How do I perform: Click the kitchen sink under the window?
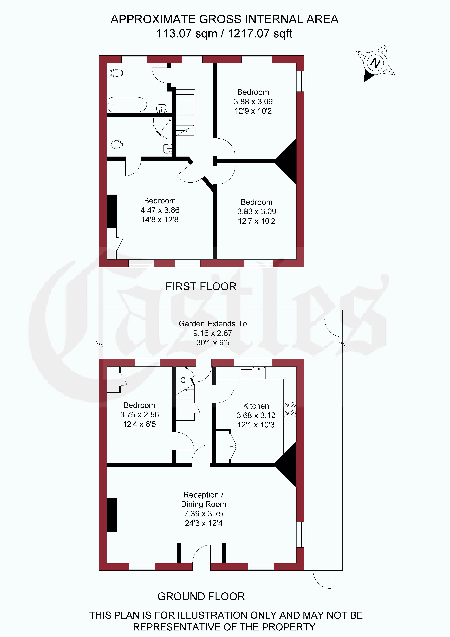[x=253, y=373]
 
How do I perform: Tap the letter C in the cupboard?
[x=183, y=380]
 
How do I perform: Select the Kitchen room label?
[x=256, y=406]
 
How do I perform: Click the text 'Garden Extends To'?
[x=213, y=324]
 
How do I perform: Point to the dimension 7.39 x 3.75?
[x=204, y=514]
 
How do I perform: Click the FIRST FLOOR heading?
[x=201, y=286]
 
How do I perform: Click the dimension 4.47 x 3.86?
[x=160, y=210]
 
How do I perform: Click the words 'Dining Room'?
[x=204, y=504]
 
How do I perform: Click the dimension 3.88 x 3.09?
[x=253, y=102]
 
